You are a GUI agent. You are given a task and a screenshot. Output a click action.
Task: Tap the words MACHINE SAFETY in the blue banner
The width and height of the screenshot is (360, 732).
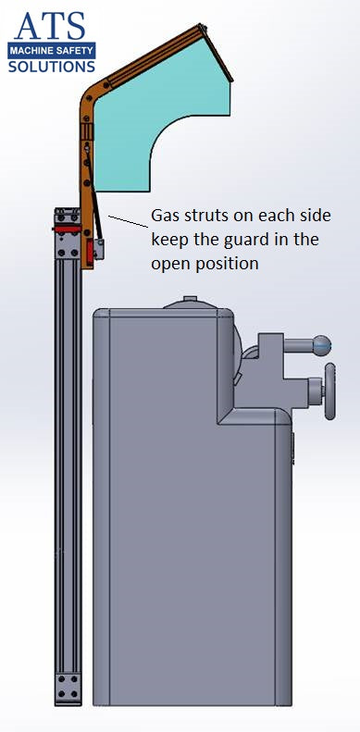52,51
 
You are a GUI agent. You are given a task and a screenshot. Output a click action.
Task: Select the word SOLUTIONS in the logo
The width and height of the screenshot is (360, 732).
52,67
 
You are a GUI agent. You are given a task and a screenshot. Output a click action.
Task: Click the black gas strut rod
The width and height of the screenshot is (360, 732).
96,222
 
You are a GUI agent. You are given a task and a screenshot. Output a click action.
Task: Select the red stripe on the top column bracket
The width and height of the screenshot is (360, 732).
65,227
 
